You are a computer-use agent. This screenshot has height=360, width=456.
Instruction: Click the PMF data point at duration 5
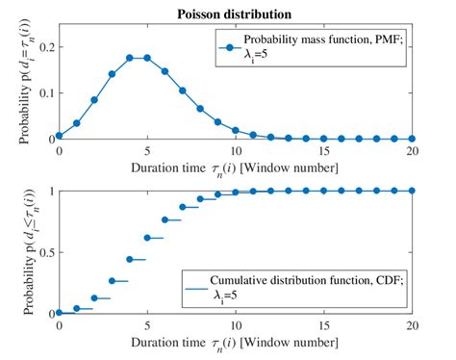point(147,58)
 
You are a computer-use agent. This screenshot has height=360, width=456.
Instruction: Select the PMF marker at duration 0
point(59,136)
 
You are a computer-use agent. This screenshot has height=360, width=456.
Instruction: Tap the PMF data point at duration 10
point(236,129)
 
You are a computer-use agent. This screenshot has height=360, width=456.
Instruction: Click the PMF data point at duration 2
point(94,100)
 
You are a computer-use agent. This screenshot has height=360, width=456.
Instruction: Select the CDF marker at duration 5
point(147,238)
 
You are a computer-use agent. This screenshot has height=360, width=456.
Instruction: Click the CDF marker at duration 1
point(77,309)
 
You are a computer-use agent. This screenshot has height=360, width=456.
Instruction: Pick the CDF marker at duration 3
point(113,281)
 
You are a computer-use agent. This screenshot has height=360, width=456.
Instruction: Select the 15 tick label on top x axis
point(324,151)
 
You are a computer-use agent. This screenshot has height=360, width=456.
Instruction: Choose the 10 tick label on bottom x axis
point(236,325)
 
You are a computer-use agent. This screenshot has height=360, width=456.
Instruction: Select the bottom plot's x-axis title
point(236,344)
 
